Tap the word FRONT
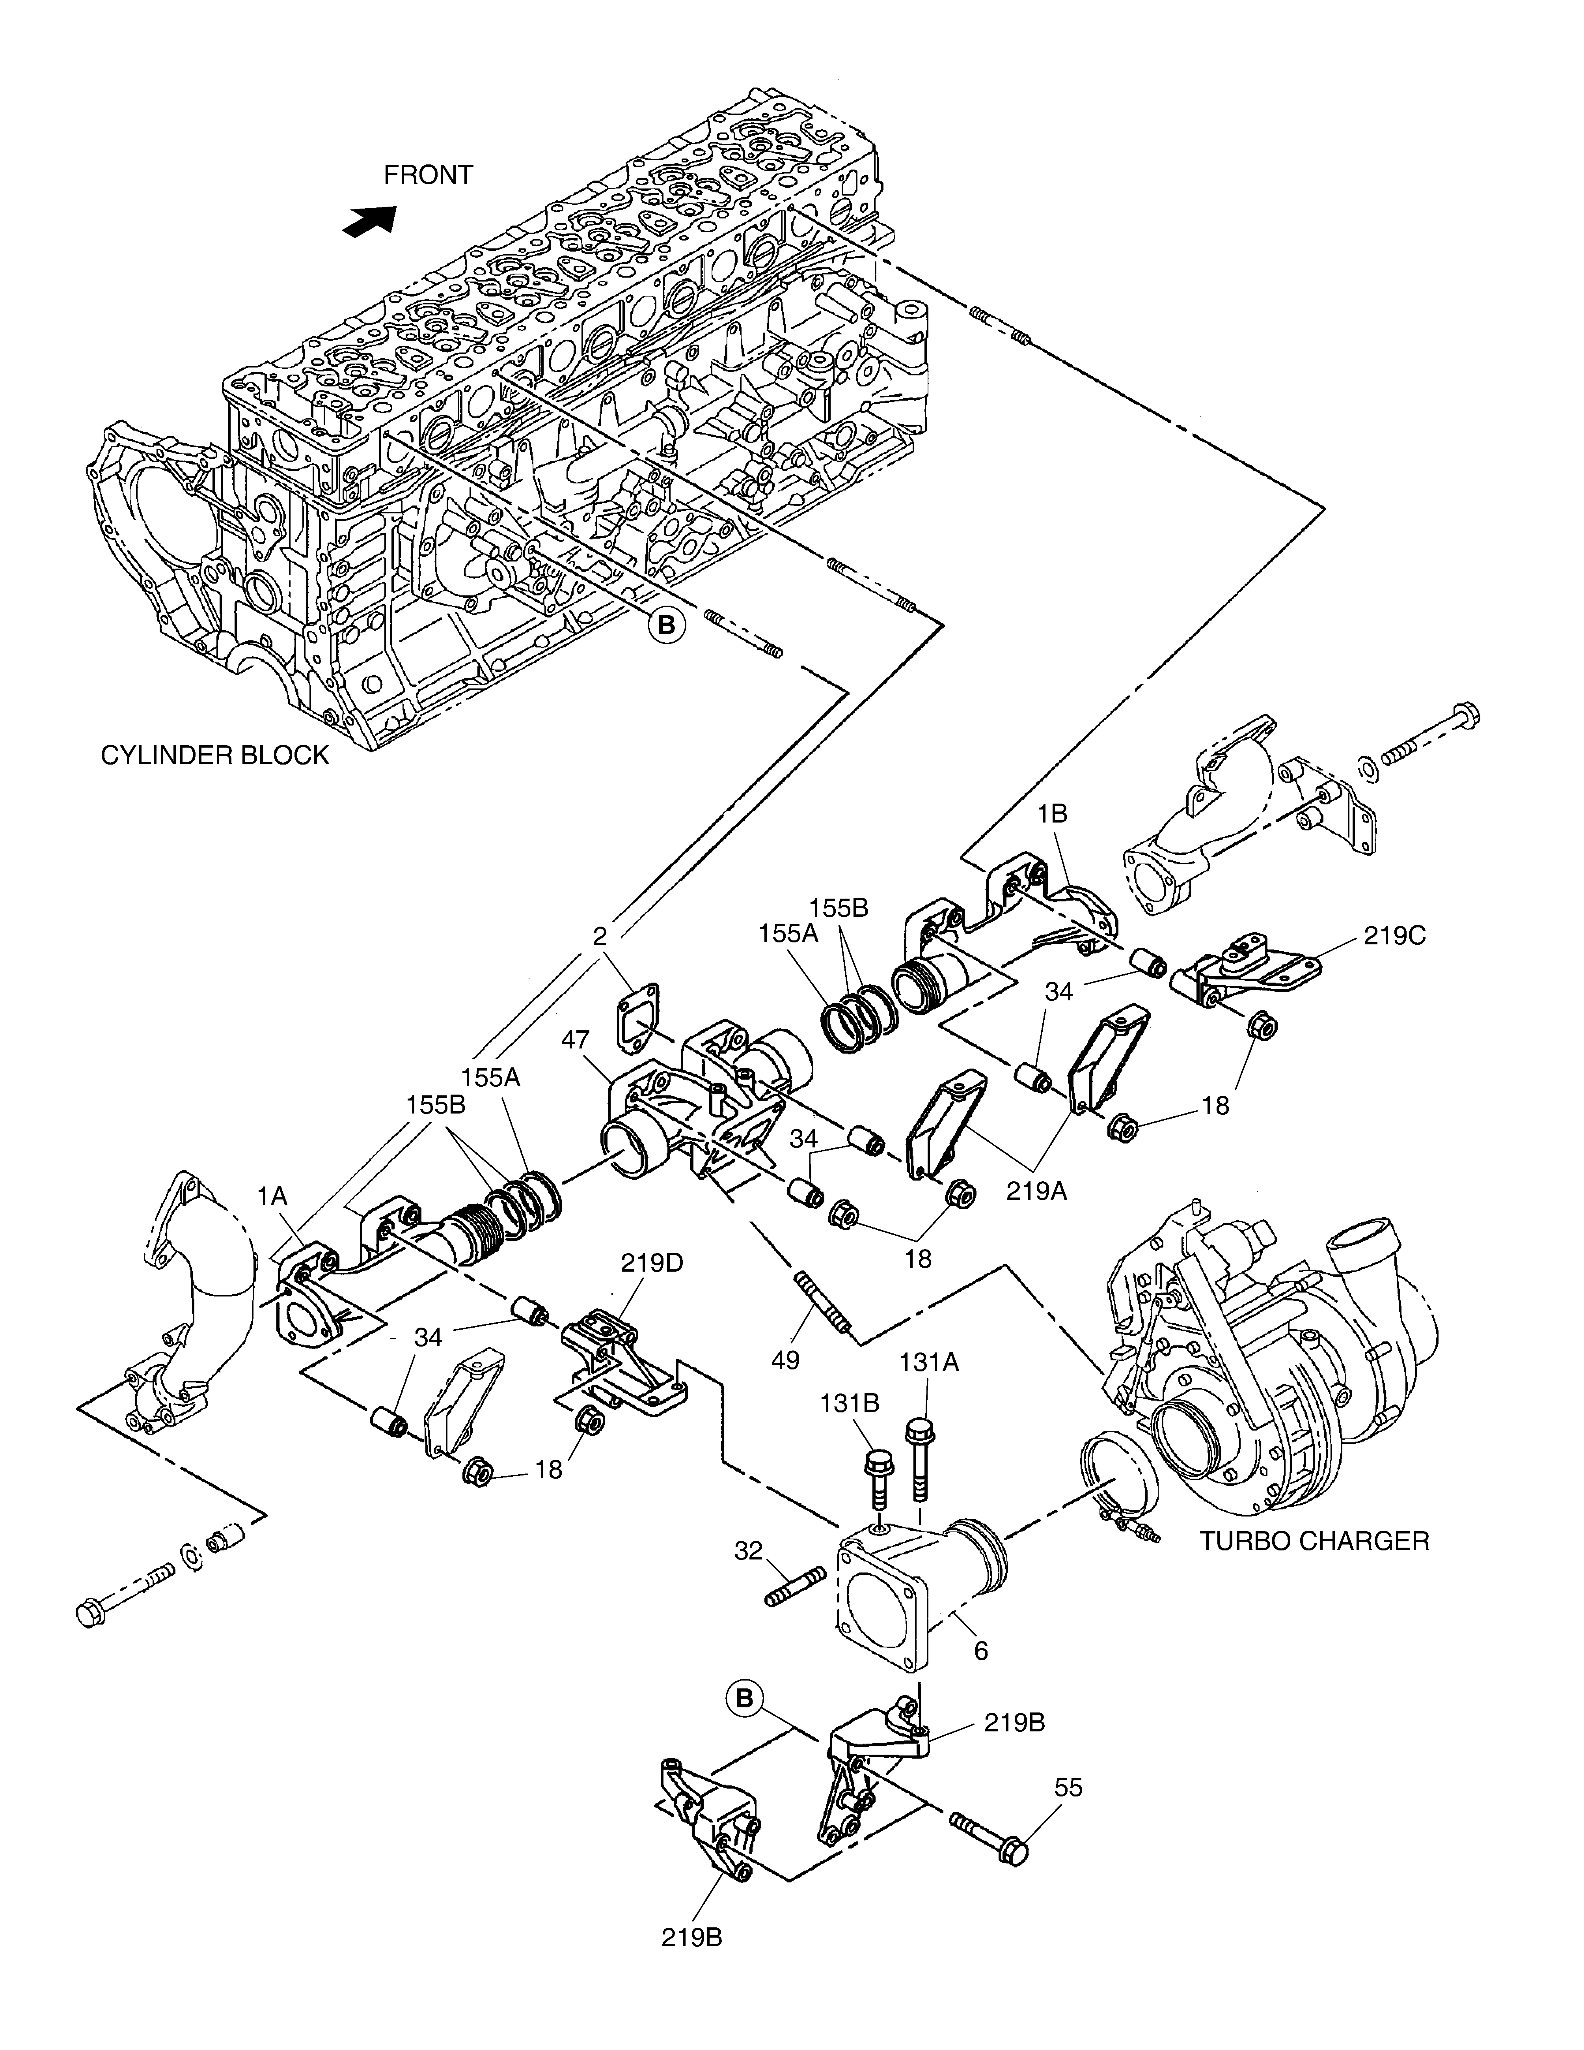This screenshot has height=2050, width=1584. [428, 175]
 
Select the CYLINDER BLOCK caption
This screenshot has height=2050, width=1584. [215, 755]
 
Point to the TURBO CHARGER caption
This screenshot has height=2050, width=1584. [1314, 1541]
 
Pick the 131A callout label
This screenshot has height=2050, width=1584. [929, 1361]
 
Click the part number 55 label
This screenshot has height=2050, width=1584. [1068, 1788]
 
